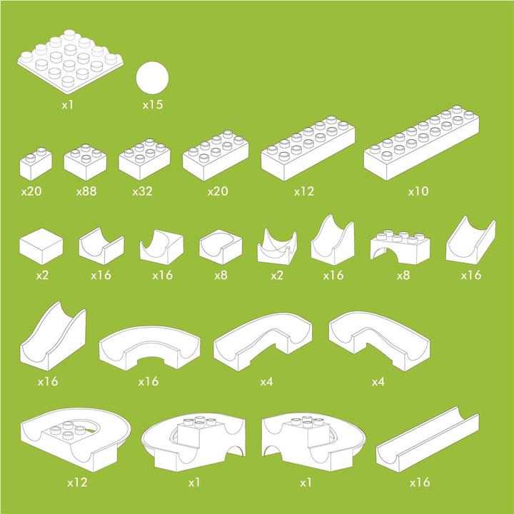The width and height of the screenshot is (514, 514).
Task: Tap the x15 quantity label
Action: click(x=153, y=105)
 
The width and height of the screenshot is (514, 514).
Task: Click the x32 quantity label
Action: click(x=143, y=191)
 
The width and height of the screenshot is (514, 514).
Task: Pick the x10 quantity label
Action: click(x=418, y=191)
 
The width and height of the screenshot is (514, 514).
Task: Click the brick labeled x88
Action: click(x=85, y=161)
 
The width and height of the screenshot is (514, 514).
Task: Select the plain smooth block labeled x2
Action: click(x=41, y=245)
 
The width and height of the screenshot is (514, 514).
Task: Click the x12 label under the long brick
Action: click(x=305, y=191)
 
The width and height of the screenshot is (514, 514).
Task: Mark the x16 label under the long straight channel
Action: click(x=420, y=483)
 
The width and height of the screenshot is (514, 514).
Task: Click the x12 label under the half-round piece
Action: click(x=77, y=483)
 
